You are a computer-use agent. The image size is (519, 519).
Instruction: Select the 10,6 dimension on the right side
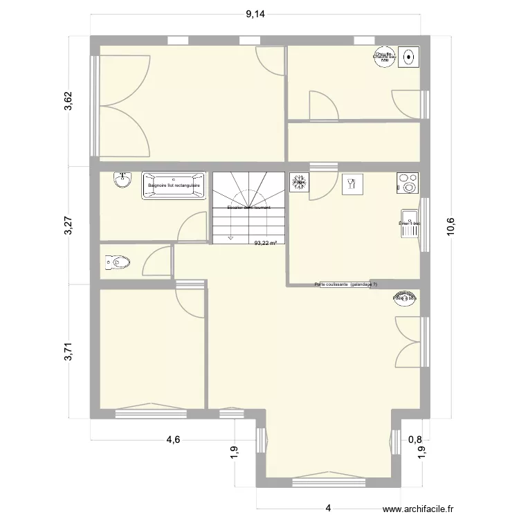point(450,226)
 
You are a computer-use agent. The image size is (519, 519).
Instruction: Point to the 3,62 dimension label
point(67,100)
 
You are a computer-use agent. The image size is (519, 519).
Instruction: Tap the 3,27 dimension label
point(67,225)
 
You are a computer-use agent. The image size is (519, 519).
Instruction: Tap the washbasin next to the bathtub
point(122,180)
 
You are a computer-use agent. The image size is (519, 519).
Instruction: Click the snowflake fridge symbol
point(300,182)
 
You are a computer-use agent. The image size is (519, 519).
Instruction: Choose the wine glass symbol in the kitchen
point(351,182)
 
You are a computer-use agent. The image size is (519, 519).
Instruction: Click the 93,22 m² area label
point(266,243)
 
